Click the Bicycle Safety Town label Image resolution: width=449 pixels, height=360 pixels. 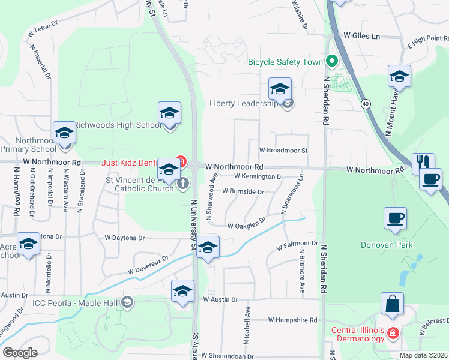tap(285, 61)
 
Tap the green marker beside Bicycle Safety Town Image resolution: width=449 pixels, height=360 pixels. tap(331, 61)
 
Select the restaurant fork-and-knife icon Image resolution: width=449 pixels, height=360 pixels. tap(424, 161)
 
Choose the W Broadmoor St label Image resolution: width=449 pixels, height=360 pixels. tap(283, 151)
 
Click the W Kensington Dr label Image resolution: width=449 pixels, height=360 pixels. tap(258, 176)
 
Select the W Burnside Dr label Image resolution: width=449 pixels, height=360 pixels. tap(243, 192)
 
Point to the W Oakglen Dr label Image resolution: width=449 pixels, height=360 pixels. tap(246, 225)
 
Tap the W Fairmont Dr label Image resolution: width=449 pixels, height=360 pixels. tap(297, 245)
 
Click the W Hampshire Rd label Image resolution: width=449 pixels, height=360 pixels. tap(292, 320)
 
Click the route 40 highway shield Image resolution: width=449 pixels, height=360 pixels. tap(366, 104)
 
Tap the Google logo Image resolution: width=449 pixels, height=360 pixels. tap(20, 353)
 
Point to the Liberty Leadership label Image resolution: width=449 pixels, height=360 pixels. tap(243, 103)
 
